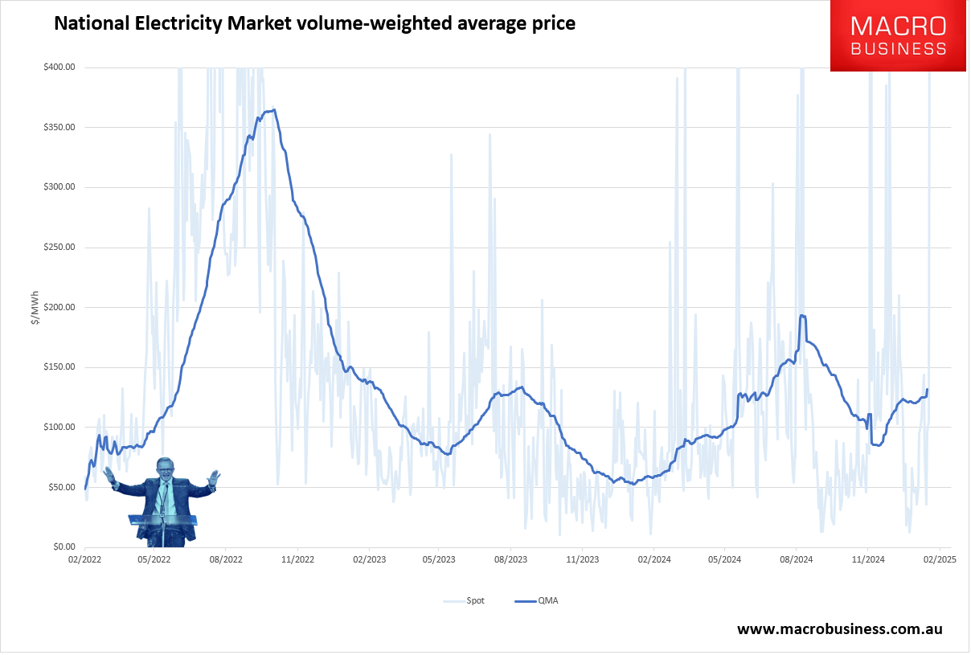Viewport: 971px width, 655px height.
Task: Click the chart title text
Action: [314, 24]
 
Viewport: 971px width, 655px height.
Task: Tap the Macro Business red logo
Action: [898, 36]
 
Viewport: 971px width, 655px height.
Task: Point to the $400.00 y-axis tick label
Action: [59, 68]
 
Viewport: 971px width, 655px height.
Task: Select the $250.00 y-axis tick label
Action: [59, 248]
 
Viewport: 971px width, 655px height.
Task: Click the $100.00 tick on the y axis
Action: [59, 428]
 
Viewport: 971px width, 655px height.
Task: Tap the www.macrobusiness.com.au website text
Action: [840, 629]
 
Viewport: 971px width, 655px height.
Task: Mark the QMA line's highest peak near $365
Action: [274, 110]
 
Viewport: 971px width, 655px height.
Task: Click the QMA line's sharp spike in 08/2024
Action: [802, 316]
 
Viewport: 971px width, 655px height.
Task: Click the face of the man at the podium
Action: [166, 469]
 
